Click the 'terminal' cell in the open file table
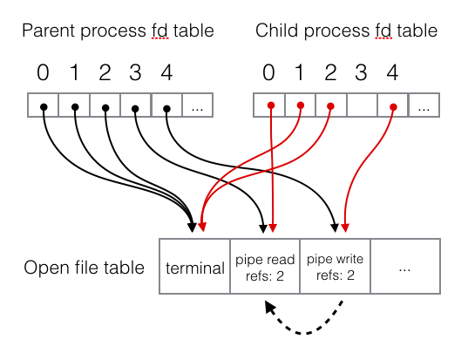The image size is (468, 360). click(195, 268)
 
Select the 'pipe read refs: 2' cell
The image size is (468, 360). click(265, 268)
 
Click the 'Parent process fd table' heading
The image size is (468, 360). click(118, 32)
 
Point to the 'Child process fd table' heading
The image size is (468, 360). click(346, 32)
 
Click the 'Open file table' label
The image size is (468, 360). click(84, 268)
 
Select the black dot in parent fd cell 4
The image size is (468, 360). click(166, 110)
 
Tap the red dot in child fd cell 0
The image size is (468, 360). click(270, 106)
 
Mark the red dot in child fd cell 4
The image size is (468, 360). click(393, 107)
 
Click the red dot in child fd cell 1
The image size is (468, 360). click(301, 105)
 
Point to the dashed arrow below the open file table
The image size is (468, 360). click(305, 323)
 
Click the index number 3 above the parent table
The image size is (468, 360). click(134, 72)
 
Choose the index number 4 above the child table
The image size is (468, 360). click(392, 72)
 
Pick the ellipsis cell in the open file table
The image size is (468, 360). click(404, 268)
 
